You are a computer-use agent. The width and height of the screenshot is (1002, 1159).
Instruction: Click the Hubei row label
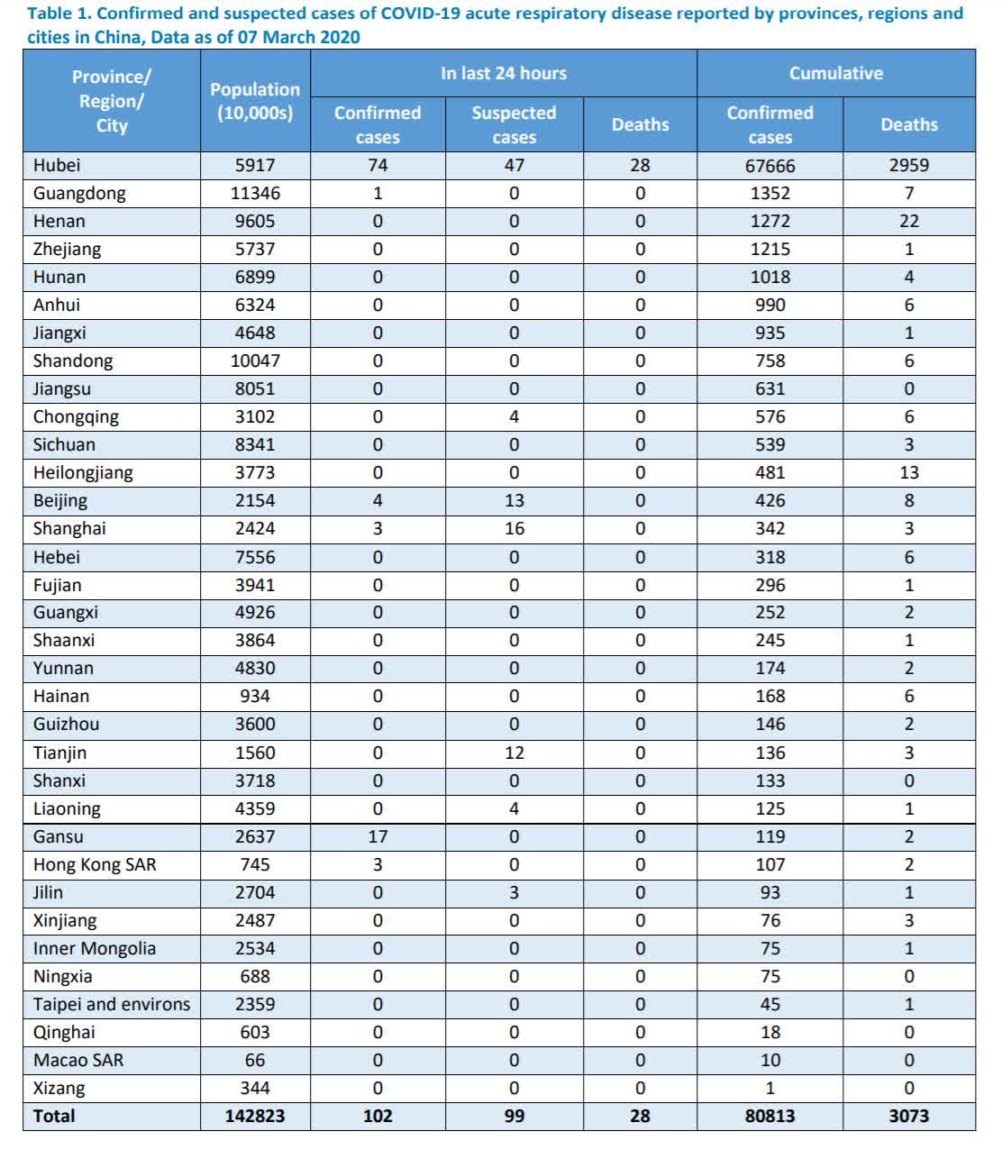click(x=57, y=165)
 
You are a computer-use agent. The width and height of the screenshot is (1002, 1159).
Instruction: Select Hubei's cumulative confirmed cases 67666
click(x=770, y=166)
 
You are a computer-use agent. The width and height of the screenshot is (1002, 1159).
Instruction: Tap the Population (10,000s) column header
click(x=255, y=101)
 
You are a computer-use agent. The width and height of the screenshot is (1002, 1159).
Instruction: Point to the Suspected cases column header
click(x=514, y=124)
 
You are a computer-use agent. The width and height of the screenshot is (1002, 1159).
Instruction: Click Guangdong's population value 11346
click(x=255, y=193)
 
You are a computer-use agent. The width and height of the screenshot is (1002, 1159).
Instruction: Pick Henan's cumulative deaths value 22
click(x=908, y=221)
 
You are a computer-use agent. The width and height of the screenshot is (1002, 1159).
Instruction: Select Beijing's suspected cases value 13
click(x=514, y=500)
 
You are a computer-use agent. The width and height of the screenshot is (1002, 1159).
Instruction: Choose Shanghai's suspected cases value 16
click(x=514, y=528)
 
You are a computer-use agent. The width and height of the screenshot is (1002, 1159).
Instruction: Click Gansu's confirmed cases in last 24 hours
click(x=378, y=836)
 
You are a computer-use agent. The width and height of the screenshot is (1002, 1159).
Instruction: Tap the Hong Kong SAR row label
click(x=95, y=864)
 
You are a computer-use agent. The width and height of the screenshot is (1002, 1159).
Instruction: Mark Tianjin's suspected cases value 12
click(x=514, y=753)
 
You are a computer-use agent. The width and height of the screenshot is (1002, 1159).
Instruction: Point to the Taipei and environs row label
click(x=112, y=1004)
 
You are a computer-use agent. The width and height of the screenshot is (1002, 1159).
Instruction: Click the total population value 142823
click(x=255, y=1116)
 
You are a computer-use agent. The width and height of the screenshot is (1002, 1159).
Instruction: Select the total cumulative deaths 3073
click(x=908, y=1116)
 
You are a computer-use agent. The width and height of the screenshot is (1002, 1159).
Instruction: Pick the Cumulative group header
click(x=835, y=73)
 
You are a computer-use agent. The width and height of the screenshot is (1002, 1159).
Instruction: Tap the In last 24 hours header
click(x=503, y=73)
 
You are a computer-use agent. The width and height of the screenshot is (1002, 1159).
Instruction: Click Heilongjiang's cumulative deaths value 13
click(x=908, y=472)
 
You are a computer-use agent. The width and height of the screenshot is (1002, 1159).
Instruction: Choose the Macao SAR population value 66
click(x=255, y=1060)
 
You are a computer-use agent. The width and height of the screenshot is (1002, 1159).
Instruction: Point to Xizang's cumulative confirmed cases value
click(x=770, y=1088)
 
